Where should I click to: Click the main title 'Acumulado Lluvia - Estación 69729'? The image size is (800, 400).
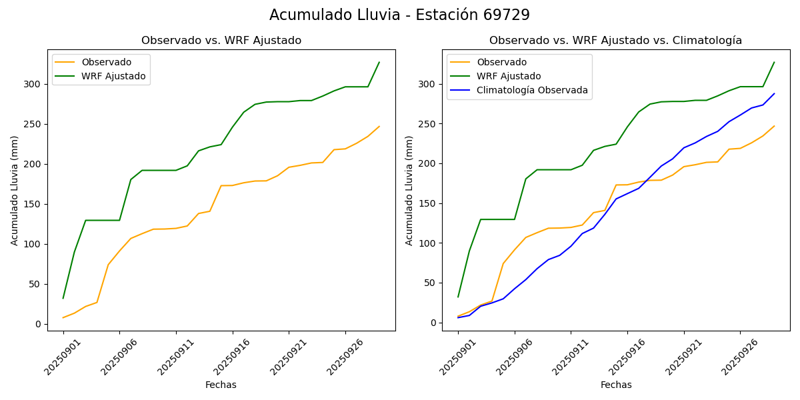pyautogui.click(x=399, y=15)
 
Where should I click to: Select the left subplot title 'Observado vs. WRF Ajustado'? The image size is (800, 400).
pyautogui.click(x=221, y=41)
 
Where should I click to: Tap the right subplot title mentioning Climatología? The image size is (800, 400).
pyautogui.click(x=615, y=41)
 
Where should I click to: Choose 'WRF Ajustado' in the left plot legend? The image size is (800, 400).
pyautogui.click(x=113, y=76)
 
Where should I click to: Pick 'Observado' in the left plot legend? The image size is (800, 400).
pyautogui.click(x=107, y=62)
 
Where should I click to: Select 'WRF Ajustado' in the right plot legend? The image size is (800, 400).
pyautogui.click(x=509, y=76)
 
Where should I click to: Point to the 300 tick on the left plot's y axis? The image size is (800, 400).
pyautogui.click(x=34, y=84)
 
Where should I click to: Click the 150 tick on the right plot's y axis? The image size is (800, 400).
pyautogui.click(x=429, y=203)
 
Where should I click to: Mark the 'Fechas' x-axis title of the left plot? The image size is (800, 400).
pyautogui.click(x=221, y=385)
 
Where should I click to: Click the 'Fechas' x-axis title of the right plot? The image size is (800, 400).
pyautogui.click(x=616, y=385)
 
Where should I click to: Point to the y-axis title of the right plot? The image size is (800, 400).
pyautogui.click(x=409, y=191)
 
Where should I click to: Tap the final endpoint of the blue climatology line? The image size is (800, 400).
pyautogui.click(x=774, y=93)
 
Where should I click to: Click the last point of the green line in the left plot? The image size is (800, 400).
pyautogui.click(x=379, y=62)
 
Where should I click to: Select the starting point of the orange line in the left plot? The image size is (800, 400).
pyautogui.click(x=63, y=317)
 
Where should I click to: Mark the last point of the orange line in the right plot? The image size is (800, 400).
pyautogui.click(x=774, y=126)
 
